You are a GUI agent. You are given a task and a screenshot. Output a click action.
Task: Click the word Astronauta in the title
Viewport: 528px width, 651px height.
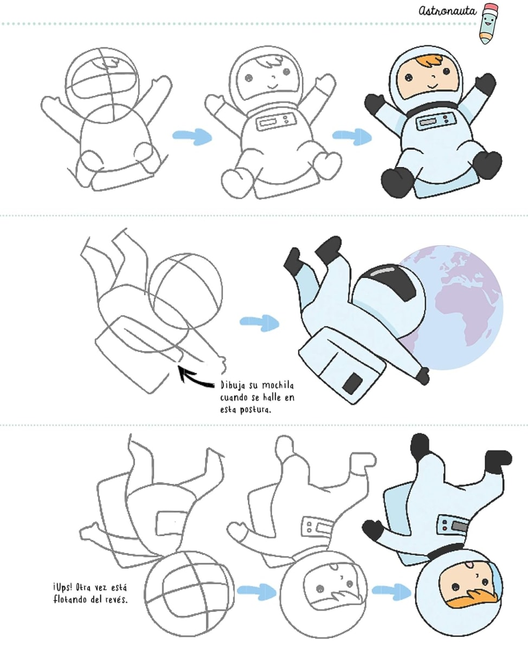coord(447,11)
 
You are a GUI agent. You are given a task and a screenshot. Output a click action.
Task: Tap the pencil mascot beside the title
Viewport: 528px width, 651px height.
coord(489,23)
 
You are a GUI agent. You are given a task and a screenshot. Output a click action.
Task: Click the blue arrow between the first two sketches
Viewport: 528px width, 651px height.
coord(192,136)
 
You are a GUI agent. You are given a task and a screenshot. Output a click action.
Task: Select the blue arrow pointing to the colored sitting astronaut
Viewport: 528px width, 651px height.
coord(352,136)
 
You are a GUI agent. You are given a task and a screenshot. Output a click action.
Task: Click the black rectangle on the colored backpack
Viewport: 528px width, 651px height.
coord(352,383)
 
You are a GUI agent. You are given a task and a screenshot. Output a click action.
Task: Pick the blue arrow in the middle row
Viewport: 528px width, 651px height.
coord(260,322)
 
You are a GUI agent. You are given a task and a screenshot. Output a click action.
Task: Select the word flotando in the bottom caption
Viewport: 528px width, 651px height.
coord(69,599)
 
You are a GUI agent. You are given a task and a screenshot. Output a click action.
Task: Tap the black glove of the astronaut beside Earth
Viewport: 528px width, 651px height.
coord(423,376)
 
